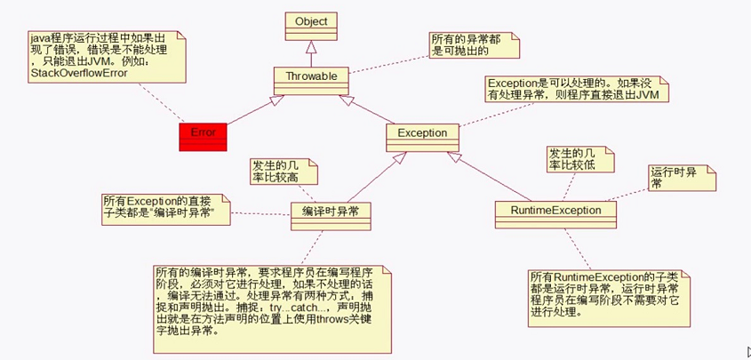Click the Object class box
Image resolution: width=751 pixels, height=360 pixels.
(309, 21)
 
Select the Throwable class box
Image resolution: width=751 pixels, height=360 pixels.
(309, 77)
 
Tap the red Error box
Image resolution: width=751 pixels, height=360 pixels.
(203, 132)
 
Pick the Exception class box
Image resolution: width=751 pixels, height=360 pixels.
(421, 132)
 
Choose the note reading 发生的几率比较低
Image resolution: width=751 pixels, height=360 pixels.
(569, 160)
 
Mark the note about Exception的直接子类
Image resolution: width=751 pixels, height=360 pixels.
(167, 208)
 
